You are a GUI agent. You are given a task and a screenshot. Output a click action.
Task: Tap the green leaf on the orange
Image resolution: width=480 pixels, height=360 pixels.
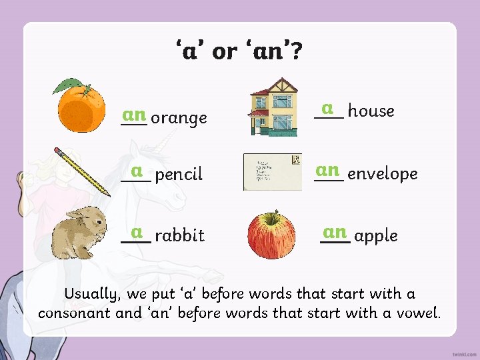(68, 86)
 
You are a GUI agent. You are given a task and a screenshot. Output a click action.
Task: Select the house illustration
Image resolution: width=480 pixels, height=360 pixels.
(273, 106)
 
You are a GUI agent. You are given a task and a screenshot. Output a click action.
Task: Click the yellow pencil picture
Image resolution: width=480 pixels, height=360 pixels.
(82, 171)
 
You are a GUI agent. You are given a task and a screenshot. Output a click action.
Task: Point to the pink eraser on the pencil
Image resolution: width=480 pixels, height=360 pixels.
(58, 151)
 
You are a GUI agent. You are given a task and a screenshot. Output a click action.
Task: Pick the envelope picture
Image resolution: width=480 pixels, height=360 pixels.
(272, 172)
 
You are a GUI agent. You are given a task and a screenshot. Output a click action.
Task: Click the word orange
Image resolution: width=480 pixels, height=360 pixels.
(179, 119)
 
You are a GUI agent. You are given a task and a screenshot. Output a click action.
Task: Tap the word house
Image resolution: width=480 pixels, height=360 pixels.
(371, 111)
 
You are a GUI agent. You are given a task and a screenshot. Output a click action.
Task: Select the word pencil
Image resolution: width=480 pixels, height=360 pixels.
(179, 175)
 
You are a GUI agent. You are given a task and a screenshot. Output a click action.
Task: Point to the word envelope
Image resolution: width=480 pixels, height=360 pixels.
(383, 174)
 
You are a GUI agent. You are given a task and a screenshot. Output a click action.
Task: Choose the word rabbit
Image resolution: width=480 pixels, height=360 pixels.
(179, 235)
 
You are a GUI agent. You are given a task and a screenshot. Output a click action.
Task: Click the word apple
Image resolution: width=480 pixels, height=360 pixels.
(376, 236)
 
